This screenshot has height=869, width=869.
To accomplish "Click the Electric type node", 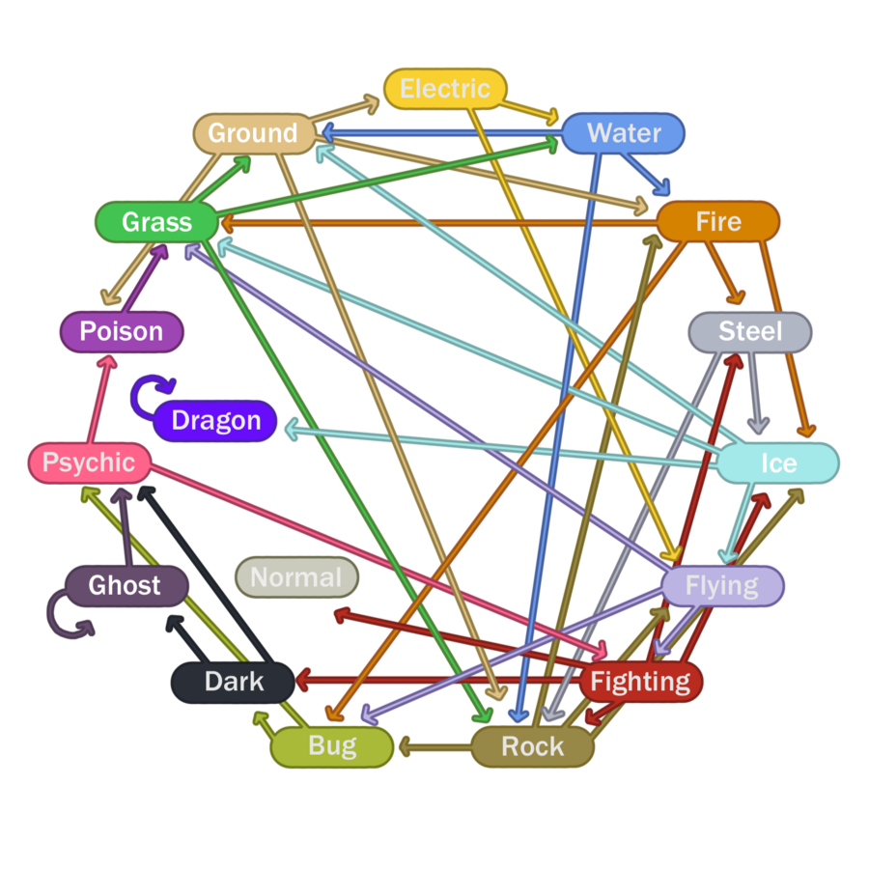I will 445,89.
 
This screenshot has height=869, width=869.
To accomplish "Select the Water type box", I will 624,133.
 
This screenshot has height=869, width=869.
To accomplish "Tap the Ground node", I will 254,133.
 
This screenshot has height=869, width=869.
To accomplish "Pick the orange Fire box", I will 717,222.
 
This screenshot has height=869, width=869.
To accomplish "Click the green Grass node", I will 156,223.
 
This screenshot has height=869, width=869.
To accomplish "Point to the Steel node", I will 750,332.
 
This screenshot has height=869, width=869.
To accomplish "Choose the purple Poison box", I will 121,332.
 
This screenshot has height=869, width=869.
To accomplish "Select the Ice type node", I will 778,463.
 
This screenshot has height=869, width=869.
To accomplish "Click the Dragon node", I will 215,421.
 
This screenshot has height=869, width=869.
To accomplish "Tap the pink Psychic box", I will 89,463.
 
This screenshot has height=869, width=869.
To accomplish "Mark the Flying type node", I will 722,585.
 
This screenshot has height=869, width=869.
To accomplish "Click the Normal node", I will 296,578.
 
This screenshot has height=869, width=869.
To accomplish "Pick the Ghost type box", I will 126,585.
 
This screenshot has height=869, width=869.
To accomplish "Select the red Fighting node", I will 640,682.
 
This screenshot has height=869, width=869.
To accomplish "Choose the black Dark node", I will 233,682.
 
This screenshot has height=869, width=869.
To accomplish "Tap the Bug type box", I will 332,746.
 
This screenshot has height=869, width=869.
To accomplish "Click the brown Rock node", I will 532,746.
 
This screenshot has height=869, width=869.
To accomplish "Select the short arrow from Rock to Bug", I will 434,745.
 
